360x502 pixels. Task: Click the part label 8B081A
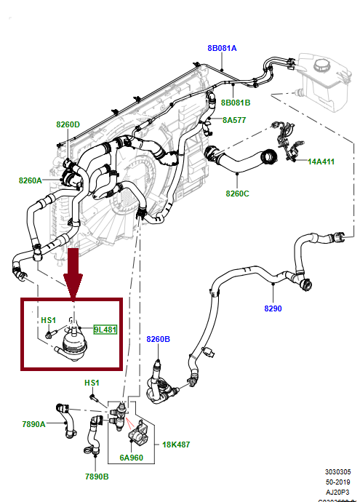point(222,48)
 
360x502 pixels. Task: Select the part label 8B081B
point(236,103)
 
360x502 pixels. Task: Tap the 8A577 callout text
point(235,121)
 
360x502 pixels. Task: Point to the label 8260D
point(68,124)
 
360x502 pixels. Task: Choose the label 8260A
point(31,180)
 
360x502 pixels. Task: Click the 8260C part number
point(237,194)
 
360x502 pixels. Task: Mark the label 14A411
point(320,162)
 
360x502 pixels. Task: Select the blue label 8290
point(273,308)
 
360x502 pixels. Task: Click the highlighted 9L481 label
point(105,329)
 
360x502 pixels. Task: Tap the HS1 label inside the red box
point(48,320)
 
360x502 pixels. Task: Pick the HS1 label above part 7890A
point(92,383)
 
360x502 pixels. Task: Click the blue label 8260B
point(158,339)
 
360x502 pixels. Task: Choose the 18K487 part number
point(175,443)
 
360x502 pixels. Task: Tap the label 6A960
point(132,459)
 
